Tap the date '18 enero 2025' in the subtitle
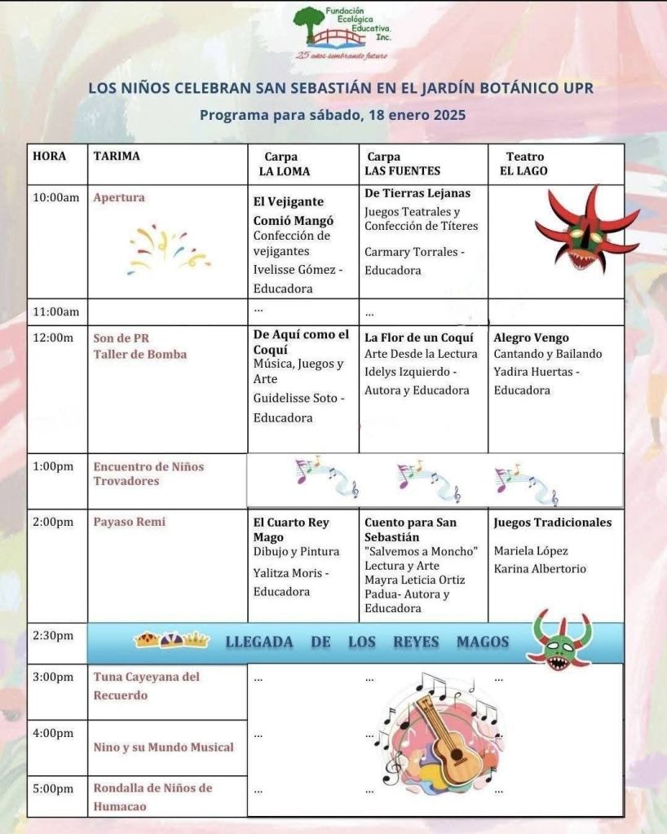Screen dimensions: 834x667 [x=413, y=115]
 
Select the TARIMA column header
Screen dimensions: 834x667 [x=117, y=157]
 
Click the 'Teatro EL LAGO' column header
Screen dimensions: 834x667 [x=524, y=164]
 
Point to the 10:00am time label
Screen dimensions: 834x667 [x=55, y=197]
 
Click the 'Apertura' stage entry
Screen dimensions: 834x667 [x=119, y=197]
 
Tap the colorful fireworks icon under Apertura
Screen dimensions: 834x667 [x=169, y=249]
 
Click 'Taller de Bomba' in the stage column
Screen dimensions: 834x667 [x=140, y=355]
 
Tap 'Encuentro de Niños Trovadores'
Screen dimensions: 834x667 [x=148, y=474]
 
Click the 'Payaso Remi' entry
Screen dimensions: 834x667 [x=130, y=522]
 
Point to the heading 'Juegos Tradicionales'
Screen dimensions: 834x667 [x=552, y=523]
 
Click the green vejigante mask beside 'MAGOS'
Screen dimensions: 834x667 [x=560, y=640]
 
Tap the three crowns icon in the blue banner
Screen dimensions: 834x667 [x=171, y=641]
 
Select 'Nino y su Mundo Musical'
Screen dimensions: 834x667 [x=163, y=747]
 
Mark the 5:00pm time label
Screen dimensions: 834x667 [x=53, y=788]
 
